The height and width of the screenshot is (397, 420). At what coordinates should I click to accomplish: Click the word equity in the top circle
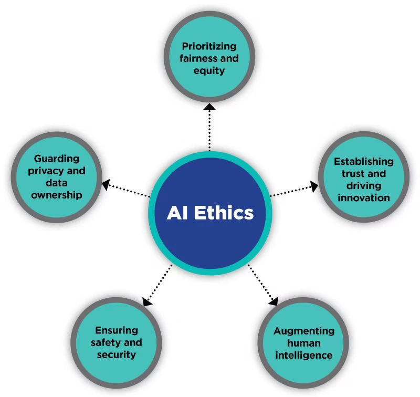click(x=209, y=70)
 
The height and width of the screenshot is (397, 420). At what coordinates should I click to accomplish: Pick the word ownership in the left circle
click(x=56, y=195)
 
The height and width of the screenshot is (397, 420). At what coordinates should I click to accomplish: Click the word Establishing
click(x=363, y=161)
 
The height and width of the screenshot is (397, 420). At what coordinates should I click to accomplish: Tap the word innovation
click(x=363, y=198)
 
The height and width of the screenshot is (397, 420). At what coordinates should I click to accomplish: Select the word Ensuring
click(x=117, y=330)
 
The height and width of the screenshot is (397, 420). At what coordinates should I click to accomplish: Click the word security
click(x=117, y=354)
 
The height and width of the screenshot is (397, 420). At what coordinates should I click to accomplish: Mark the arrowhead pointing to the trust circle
click(x=313, y=185)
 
